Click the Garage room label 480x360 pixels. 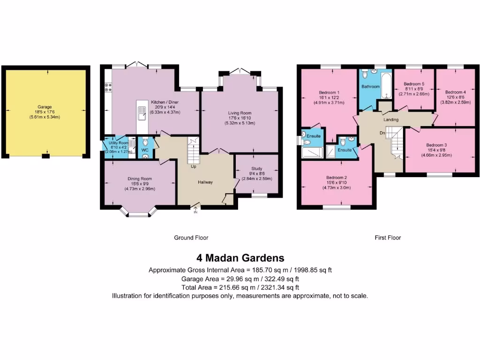(45, 107)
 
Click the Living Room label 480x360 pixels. (240, 113)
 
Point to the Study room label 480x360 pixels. (256, 168)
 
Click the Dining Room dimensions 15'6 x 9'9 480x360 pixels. (140, 184)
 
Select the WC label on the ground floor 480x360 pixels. (145, 150)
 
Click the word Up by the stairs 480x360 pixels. (193, 166)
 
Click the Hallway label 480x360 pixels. (205, 182)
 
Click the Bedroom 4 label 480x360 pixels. (455, 92)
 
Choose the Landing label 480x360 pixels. (390, 120)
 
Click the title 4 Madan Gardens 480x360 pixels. (240, 258)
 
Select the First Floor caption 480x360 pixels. (388, 238)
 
